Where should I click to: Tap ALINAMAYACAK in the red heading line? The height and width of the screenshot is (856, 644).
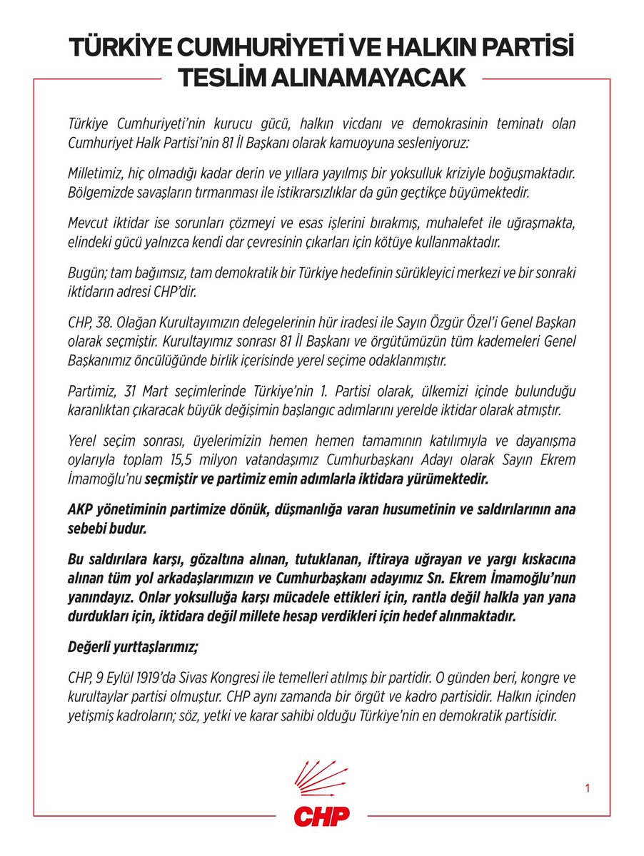pyautogui.click(x=377, y=78)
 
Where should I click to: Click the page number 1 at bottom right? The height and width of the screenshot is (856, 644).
pyautogui.click(x=587, y=788)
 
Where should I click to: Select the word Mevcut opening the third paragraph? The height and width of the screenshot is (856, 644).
pyautogui.click(x=88, y=225)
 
